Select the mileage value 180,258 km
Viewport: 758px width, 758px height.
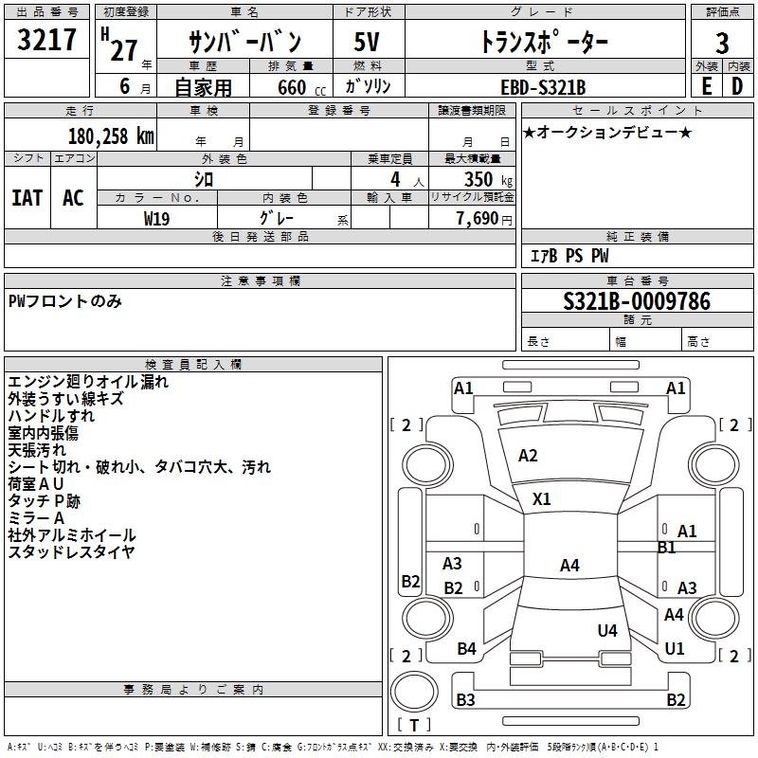pyautogui.click(x=111, y=136)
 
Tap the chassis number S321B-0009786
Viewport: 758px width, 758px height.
pyautogui.click(x=636, y=301)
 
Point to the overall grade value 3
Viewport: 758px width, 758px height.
pyautogui.click(x=722, y=43)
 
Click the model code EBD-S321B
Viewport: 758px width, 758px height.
pyautogui.click(x=543, y=87)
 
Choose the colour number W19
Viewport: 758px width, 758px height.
pyautogui.click(x=157, y=218)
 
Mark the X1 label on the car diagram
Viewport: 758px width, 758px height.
pyautogui.click(x=542, y=498)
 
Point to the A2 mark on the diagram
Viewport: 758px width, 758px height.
pyautogui.click(x=528, y=456)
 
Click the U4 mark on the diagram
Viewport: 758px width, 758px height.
pyautogui.click(x=607, y=630)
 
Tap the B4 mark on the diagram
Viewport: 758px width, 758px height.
pyautogui.click(x=466, y=649)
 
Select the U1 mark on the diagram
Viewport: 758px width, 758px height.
pyautogui.click(x=675, y=649)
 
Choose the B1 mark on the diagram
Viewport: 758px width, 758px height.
pyautogui.click(x=666, y=548)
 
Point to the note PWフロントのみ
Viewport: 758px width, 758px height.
pyautogui.click(x=64, y=301)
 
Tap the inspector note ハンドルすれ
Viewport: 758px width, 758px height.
pyautogui.click(x=51, y=416)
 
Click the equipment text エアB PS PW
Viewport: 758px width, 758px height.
pyautogui.click(x=568, y=256)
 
